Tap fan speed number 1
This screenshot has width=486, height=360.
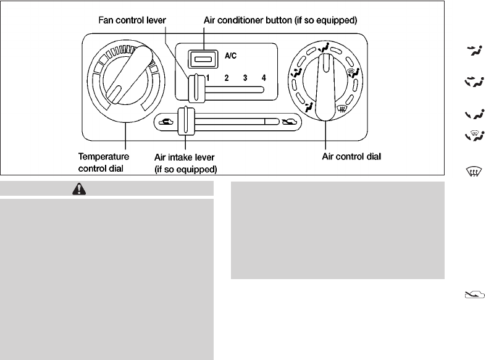(x=208, y=78)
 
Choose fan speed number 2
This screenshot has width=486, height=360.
(x=227, y=78)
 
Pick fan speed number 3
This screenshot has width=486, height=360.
(x=245, y=78)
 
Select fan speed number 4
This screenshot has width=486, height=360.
(x=264, y=78)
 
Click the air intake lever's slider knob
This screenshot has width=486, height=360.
(x=183, y=120)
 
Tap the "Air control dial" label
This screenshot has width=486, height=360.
(x=351, y=157)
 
